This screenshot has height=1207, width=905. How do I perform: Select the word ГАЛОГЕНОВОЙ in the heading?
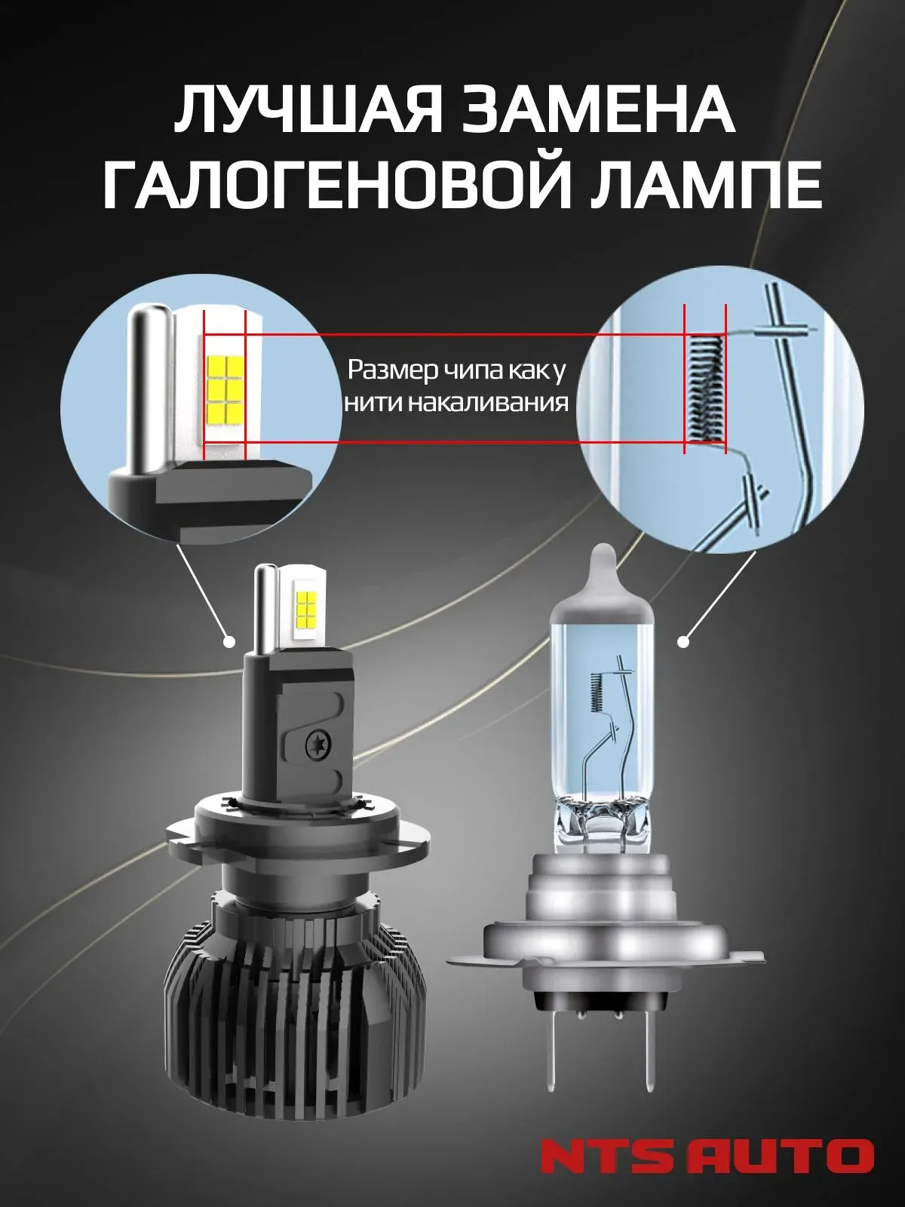[x=342, y=186]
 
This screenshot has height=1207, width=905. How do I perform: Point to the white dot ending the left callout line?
[x=229, y=641]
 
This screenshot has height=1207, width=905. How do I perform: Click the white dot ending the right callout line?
[x=683, y=642]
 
